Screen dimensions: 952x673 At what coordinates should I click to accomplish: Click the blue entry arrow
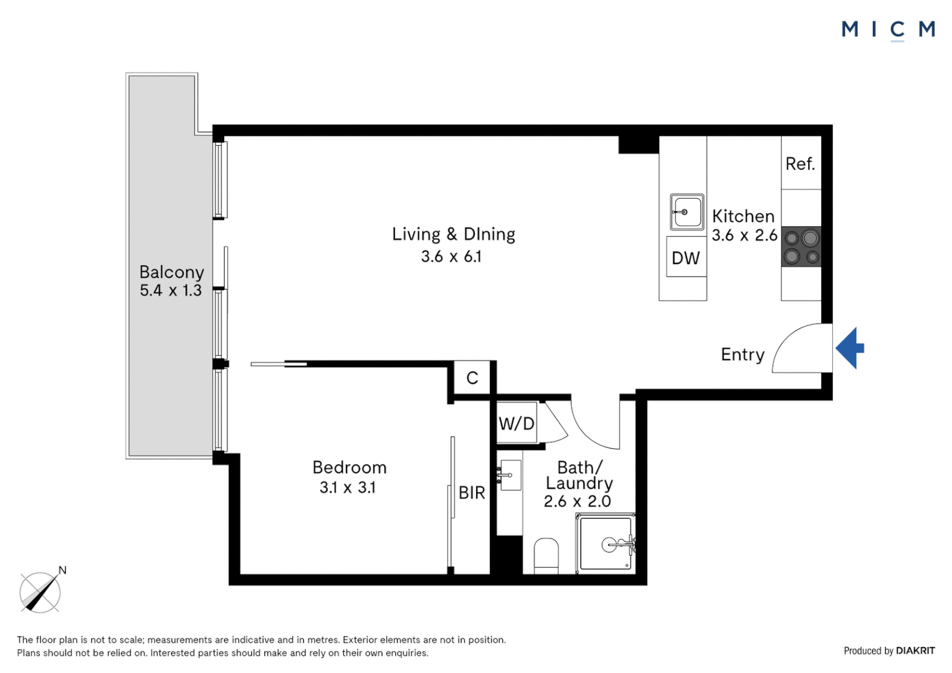(x=850, y=348)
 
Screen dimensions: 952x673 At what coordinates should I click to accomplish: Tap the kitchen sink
(x=687, y=212)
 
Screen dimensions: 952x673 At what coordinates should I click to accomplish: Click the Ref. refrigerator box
(x=801, y=163)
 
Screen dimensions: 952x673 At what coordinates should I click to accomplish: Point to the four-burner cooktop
(x=801, y=247)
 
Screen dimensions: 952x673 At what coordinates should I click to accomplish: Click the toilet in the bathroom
(x=546, y=556)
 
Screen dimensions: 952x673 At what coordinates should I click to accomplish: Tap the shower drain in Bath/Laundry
(x=609, y=545)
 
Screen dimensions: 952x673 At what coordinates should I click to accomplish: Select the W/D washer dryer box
(x=516, y=424)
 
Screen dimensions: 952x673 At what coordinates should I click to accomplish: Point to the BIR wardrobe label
(x=472, y=493)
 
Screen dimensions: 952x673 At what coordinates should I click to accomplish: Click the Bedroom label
(x=350, y=467)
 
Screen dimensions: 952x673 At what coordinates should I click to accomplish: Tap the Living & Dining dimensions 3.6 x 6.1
(x=451, y=256)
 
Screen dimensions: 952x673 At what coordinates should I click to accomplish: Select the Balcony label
(x=172, y=272)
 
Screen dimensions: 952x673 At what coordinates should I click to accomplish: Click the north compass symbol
(x=41, y=591)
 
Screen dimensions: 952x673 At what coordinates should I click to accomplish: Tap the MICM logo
(x=888, y=30)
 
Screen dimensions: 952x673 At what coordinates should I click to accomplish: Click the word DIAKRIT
(x=915, y=651)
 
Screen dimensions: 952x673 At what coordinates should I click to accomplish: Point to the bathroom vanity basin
(x=510, y=475)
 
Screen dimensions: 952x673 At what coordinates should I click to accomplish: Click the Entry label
(x=743, y=355)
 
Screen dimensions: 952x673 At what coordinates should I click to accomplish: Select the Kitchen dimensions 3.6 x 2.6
(x=745, y=235)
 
